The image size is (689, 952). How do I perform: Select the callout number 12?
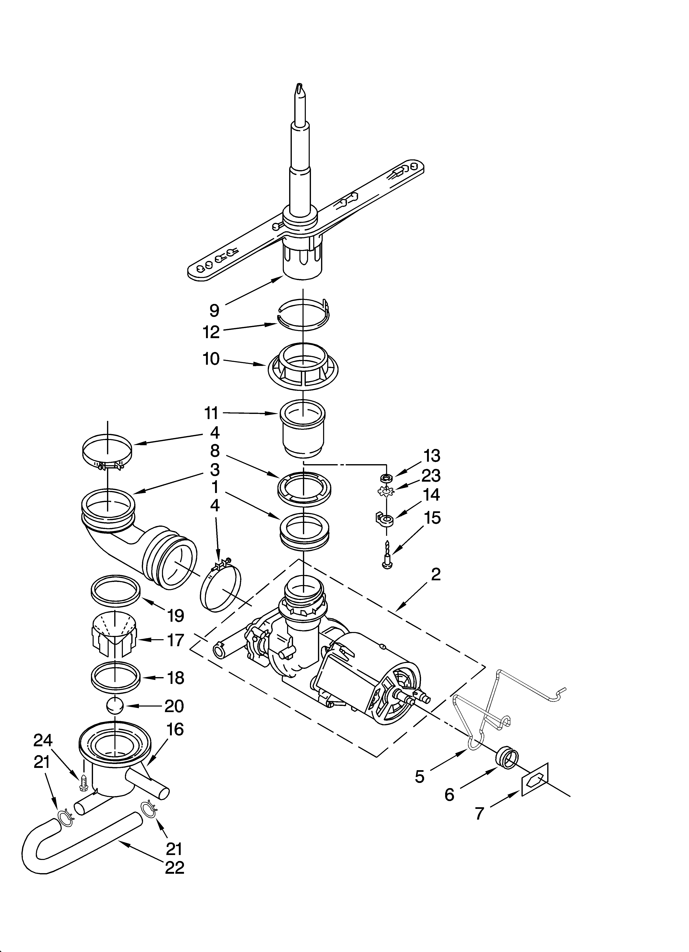click(x=211, y=332)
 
